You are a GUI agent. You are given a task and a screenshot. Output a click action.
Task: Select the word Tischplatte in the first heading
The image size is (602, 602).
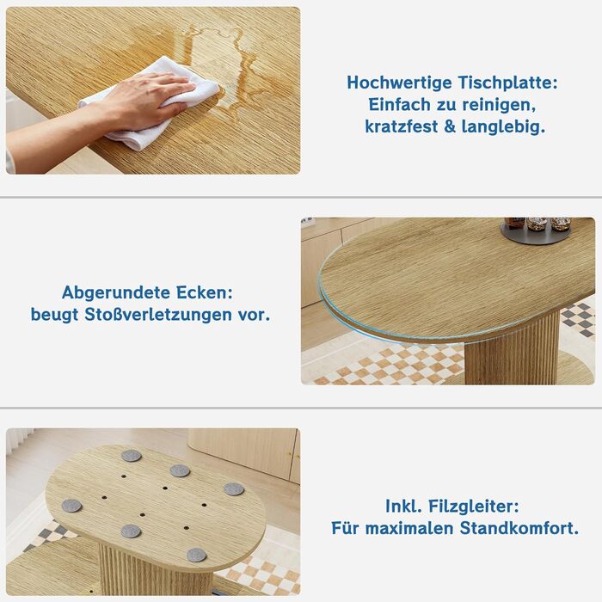505,83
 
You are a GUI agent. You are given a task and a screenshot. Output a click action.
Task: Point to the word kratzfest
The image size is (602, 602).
402,126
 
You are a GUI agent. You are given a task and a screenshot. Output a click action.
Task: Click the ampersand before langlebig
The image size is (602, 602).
450,126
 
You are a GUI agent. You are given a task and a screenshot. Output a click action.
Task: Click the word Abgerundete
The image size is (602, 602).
116,292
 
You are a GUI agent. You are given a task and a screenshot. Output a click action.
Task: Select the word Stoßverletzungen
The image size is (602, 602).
158,315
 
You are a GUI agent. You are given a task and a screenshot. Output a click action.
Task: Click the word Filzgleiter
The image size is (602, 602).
473,506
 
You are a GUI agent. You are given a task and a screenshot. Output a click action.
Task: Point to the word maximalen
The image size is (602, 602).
408,528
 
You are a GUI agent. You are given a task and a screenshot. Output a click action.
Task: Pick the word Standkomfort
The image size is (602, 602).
519,528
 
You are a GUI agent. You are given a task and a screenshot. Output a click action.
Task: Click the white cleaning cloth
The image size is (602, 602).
154,104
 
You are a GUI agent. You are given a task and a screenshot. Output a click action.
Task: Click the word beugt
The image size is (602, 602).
54,315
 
